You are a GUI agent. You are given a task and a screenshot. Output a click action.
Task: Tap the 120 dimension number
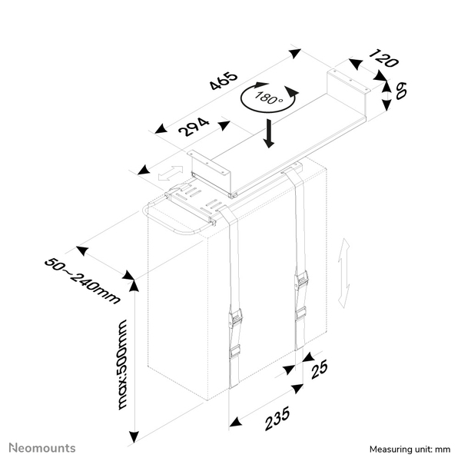[383, 59]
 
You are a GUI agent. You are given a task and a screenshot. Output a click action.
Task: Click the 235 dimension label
[276, 418]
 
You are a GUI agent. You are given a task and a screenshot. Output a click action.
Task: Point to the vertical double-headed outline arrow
[346, 273]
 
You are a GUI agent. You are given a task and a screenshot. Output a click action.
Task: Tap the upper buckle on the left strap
[237, 316]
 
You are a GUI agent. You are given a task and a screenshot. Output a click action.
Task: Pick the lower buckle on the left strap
[235, 352]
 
